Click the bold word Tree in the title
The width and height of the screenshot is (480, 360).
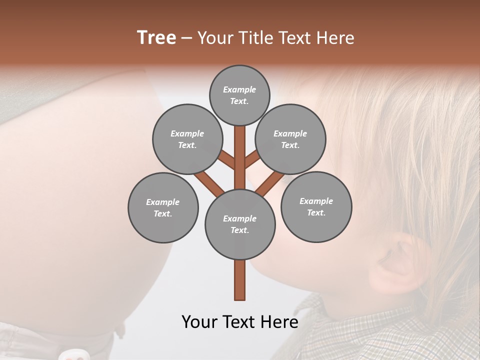[156, 37]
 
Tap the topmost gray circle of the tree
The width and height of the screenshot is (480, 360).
[239, 95]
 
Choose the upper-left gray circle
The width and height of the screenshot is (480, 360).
[187, 139]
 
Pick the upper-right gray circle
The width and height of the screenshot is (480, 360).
[290, 139]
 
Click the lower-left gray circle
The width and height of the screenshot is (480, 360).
[163, 207]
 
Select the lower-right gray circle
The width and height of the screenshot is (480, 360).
[316, 206]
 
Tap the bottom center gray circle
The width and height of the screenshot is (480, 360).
[240, 224]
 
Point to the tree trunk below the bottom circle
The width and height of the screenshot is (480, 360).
[240, 280]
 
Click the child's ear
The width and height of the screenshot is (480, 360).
[400, 260]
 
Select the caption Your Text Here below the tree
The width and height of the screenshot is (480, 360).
[240, 321]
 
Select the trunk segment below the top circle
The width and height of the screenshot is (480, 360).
[240, 150]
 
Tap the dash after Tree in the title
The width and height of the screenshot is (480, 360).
[186, 38]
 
